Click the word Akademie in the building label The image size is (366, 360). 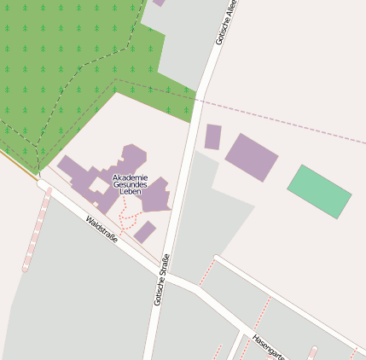130,177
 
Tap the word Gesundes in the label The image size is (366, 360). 130,185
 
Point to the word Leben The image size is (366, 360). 130,193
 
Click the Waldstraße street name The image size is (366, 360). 102,229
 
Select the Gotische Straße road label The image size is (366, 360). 161,280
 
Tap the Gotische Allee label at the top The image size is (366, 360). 226,22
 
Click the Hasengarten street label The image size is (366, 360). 267,345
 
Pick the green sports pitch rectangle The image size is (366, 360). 319,191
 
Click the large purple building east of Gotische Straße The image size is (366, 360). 252,157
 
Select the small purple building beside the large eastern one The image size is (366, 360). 212,136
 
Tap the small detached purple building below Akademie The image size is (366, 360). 144,232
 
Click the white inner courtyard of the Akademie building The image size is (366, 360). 100,184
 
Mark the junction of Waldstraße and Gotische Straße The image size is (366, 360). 165,277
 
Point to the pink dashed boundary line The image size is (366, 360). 282,120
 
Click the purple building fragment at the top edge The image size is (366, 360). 159,3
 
